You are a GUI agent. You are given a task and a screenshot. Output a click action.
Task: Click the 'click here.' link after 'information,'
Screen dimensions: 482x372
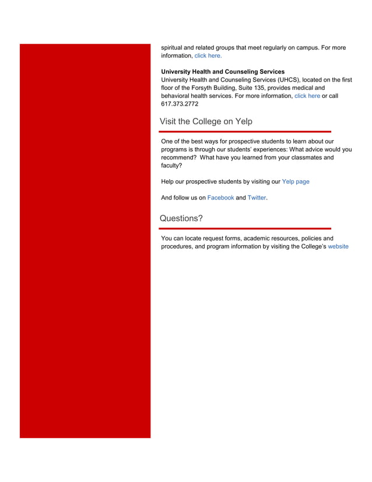coord(208,56)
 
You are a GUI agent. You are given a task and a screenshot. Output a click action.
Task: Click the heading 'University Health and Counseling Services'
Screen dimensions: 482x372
coord(223,72)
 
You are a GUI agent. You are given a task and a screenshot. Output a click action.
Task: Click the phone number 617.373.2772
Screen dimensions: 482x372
coord(180,104)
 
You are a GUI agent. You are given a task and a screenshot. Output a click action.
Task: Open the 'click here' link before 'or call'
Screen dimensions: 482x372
coord(307,96)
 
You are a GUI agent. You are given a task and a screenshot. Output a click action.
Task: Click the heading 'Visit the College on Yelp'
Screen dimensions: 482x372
coord(206,121)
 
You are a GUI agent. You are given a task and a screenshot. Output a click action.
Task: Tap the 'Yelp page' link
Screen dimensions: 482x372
coord(296,181)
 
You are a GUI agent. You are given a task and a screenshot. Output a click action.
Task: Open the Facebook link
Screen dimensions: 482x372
coord(220,198)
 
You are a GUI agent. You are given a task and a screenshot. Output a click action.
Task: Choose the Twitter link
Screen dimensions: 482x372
coord(257,198)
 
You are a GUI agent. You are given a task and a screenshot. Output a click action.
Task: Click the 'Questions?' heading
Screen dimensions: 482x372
coord(181,218)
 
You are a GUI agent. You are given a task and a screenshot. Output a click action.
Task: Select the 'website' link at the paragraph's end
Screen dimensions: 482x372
coord(338,246)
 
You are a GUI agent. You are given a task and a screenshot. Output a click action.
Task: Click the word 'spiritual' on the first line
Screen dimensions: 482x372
coord(174,47)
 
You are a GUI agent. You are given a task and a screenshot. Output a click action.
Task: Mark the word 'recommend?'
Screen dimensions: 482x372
coord(178,158)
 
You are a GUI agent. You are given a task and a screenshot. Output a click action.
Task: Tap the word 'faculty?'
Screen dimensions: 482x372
coord(172,165)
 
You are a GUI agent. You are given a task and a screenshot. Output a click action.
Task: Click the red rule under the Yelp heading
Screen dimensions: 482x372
coord(245,132)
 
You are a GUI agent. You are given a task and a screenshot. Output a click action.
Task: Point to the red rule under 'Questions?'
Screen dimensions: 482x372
coord(245,229)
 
